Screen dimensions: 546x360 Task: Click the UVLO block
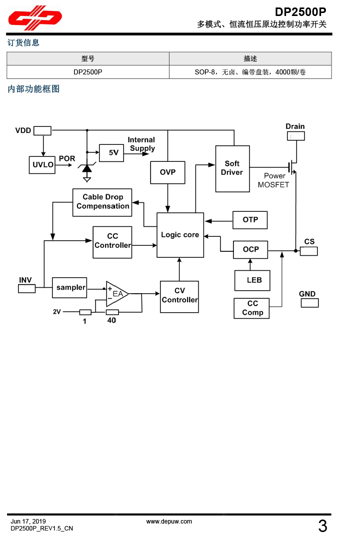click(x=43, y=164)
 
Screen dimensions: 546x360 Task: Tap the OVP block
click(x=167, y=172)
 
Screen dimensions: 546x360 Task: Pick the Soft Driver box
click(x=232, y=168)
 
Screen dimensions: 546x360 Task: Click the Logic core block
click(x=180, y=235)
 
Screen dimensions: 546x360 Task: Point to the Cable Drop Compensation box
click(x=102, y=202)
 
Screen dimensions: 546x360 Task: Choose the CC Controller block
click(x=112, y=242)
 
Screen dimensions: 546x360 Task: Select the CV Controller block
click(x=179, y=296)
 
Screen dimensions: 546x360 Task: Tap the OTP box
click(x=250, y=220)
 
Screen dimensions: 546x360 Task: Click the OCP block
click(x=250, y=249)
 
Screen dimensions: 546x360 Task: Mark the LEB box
click(x=252, y=280)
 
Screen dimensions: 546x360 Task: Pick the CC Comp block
click(x=252, y=308)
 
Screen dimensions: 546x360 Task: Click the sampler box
click(x=69, y=288)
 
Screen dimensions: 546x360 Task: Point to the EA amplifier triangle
click(x=116, y=294)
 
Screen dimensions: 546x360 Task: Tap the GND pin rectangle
click(x=309, y=303)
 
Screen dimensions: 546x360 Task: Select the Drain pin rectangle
click(x=295, y=136)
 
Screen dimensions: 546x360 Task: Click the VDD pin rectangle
click(x=42, y=131)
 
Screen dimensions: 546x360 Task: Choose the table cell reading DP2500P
click(x=87, y=72)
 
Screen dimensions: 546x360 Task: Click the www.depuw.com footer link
click(x=169, y=522)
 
